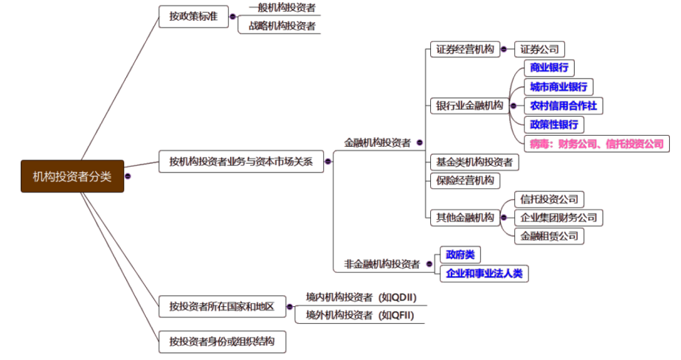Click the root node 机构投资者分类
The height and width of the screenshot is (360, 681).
[x=72, y=176]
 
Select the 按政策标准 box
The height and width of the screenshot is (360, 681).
[x=193, y=16]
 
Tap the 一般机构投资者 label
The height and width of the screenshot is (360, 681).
[x=282, y=8]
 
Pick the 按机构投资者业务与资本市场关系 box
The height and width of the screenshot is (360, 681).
[x=241, y=161]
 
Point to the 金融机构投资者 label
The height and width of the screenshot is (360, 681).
[x=377, y=143]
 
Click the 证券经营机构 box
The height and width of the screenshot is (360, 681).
[x=464, y=49]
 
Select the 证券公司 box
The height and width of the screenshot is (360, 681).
[x=539, y=49]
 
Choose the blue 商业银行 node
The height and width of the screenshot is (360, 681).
[x=550, y=68]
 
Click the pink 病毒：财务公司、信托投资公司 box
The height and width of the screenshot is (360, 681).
[x=596, y=144]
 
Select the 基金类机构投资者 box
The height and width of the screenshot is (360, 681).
[x=474, y=162]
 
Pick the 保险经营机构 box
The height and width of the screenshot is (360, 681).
[x=464, y=180]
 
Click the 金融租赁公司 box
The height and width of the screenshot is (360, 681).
[x=550, y=236]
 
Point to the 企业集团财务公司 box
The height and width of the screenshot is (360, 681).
[x=559, y=218]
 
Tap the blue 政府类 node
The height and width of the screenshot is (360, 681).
[x=459, y=255]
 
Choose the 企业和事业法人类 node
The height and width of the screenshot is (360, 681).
[x=485, y=274]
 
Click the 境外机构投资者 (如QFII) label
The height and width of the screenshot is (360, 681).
[x=360, y=316]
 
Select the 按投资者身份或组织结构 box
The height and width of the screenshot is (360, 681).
[x=221, y=342]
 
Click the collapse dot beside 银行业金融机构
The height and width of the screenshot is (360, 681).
[x=514, y=105]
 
